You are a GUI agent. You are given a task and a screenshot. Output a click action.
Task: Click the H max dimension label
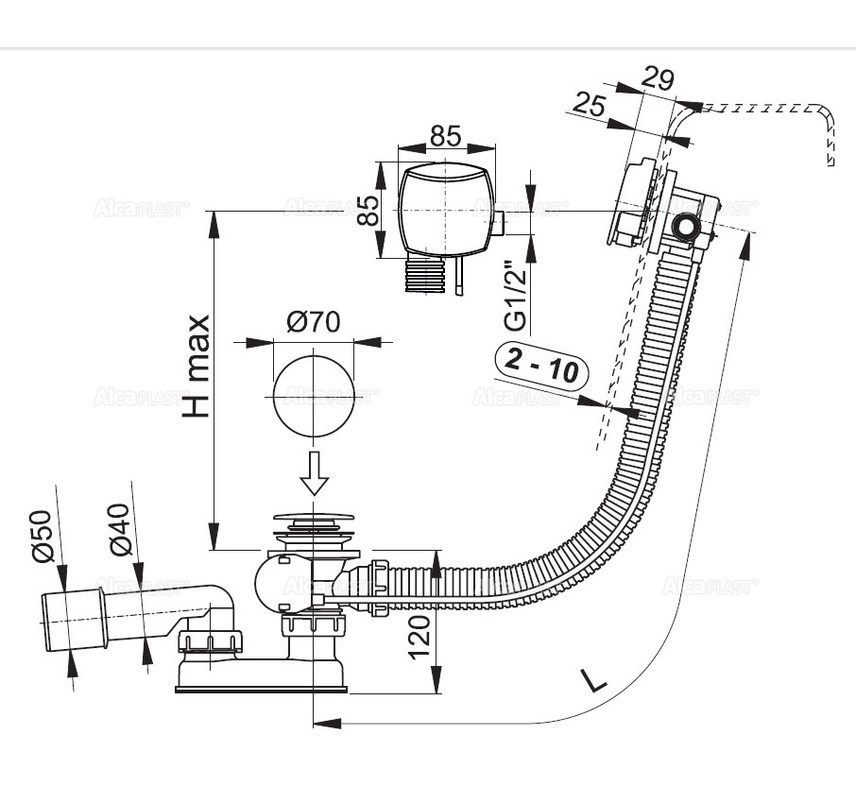197,366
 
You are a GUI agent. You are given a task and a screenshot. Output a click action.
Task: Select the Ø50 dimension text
43,536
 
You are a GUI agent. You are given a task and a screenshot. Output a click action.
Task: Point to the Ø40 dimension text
120,529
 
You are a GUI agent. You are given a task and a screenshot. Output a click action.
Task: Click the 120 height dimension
420,637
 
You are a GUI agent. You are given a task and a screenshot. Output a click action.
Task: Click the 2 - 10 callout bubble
541,367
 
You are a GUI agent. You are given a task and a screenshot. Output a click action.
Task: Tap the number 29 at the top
658,78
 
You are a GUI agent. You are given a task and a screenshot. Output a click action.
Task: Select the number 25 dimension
591,104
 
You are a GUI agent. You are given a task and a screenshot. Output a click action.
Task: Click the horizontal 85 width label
445,136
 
